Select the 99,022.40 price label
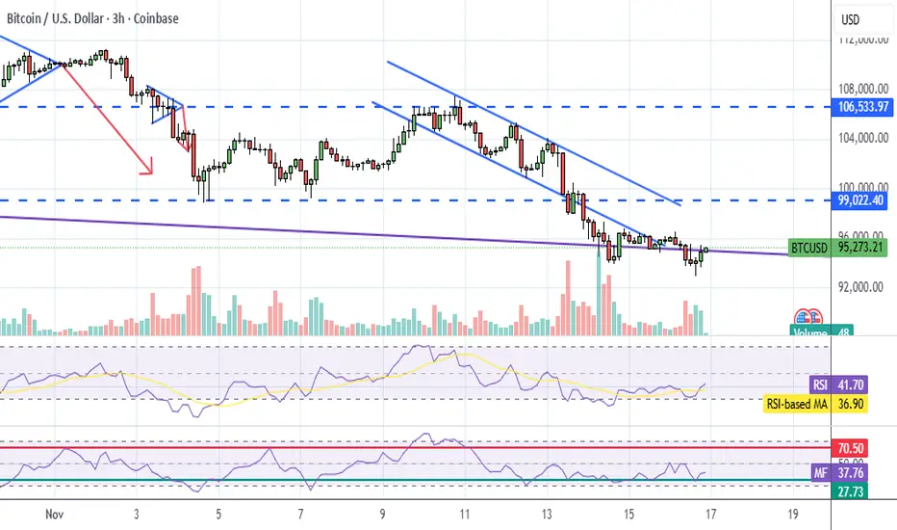(862, 200)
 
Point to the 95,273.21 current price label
(862, 247)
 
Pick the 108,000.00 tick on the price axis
(862, 88)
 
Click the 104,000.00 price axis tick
(862, 138)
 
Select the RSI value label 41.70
(854, 383)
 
